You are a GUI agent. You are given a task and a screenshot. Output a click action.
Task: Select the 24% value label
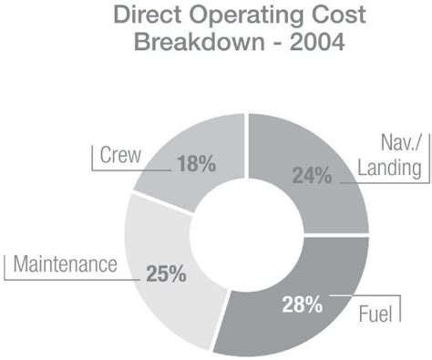[312, 176]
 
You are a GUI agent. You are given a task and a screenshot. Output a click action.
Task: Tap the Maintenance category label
[66, 265]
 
